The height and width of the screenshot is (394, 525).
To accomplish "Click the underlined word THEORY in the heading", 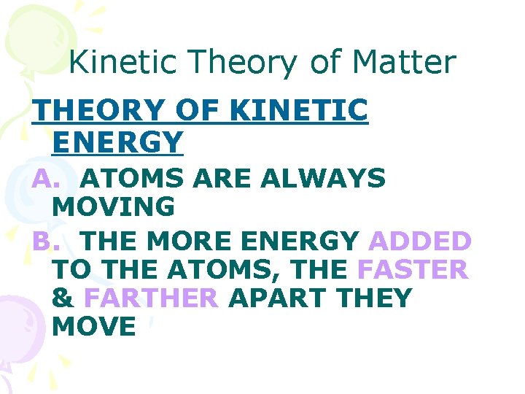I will coord(101,111).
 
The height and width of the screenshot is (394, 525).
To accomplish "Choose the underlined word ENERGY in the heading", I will coord(117,142).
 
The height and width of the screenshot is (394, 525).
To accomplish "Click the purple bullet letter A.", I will coord(44,178).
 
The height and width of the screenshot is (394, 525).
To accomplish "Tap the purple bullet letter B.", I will coord(44,240).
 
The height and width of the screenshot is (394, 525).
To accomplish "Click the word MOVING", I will coord(114,207).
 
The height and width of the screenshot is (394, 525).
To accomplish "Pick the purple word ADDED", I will coord(421,240).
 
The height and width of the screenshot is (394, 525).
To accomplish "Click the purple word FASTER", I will coord(413,270).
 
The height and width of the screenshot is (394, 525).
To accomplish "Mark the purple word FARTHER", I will coord(151,298).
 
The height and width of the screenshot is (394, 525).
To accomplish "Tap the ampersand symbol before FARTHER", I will coord(63,298).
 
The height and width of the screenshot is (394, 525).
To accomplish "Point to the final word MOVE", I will coord(95,327).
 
